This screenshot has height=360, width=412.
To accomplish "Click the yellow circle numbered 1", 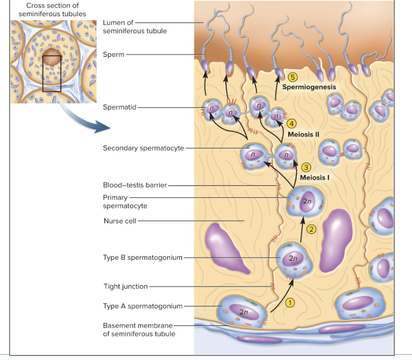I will [x=290, y=302].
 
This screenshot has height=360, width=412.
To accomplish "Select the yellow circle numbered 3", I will [x=305, y=167].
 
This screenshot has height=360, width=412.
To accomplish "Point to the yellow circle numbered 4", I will [x=291, y=124].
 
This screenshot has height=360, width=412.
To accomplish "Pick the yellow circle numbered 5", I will [x=292, y=77].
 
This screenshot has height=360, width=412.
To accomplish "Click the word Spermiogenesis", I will [x=309, y=87].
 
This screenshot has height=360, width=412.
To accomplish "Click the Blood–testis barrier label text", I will [x=135, y=185].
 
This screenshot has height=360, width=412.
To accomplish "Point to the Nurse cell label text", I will [x=120, y=221].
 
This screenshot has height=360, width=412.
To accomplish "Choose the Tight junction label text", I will [x=126, y=287].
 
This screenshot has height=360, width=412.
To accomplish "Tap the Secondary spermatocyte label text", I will [x=143, y=148].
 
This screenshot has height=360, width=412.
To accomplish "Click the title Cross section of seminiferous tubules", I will [x=52, y=10].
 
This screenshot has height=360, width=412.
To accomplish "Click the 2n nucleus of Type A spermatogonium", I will [x=243, y=311].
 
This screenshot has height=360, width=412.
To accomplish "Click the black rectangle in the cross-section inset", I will [x=52, y=74].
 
